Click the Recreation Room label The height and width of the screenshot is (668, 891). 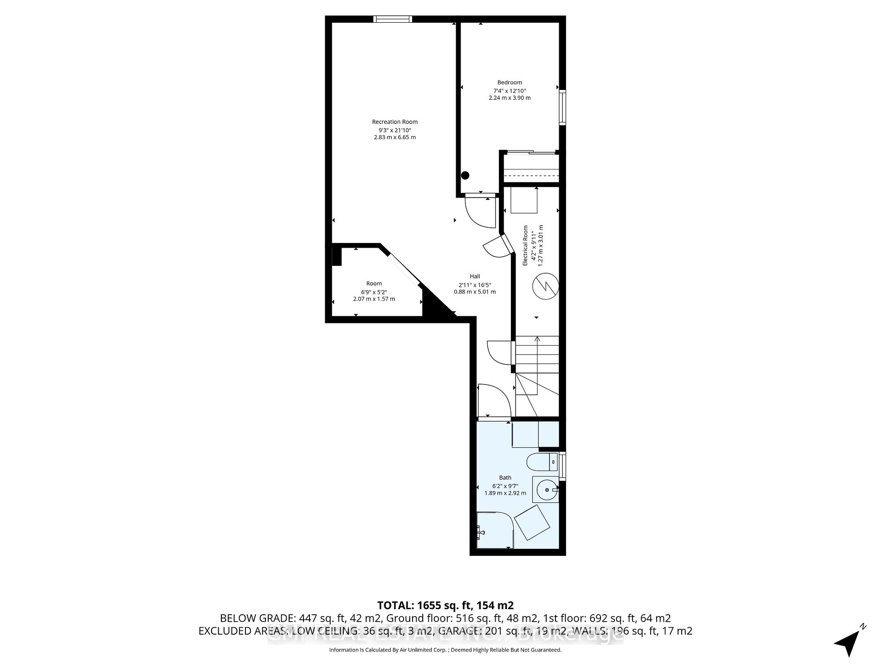point(394,122)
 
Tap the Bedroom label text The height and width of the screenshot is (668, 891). point(510,83)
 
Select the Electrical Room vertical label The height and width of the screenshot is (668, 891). point(526,245)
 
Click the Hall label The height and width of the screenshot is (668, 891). point(475,276)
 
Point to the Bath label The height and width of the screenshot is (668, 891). point(505,477)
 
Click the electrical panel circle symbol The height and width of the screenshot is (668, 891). point(545,286)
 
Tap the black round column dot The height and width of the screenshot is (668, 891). point(465,175)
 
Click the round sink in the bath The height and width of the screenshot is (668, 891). point(546,489)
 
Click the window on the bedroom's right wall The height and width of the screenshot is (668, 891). point(562,107)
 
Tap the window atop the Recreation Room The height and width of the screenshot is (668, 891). point(392,19)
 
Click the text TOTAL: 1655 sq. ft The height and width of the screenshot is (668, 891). point(445,605)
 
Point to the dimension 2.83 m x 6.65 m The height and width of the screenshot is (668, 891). point(394,137)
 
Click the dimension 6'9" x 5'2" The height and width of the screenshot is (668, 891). point(374,292)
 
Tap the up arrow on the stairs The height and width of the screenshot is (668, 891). point(537,340)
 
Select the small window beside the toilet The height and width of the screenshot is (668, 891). point(562,466)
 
